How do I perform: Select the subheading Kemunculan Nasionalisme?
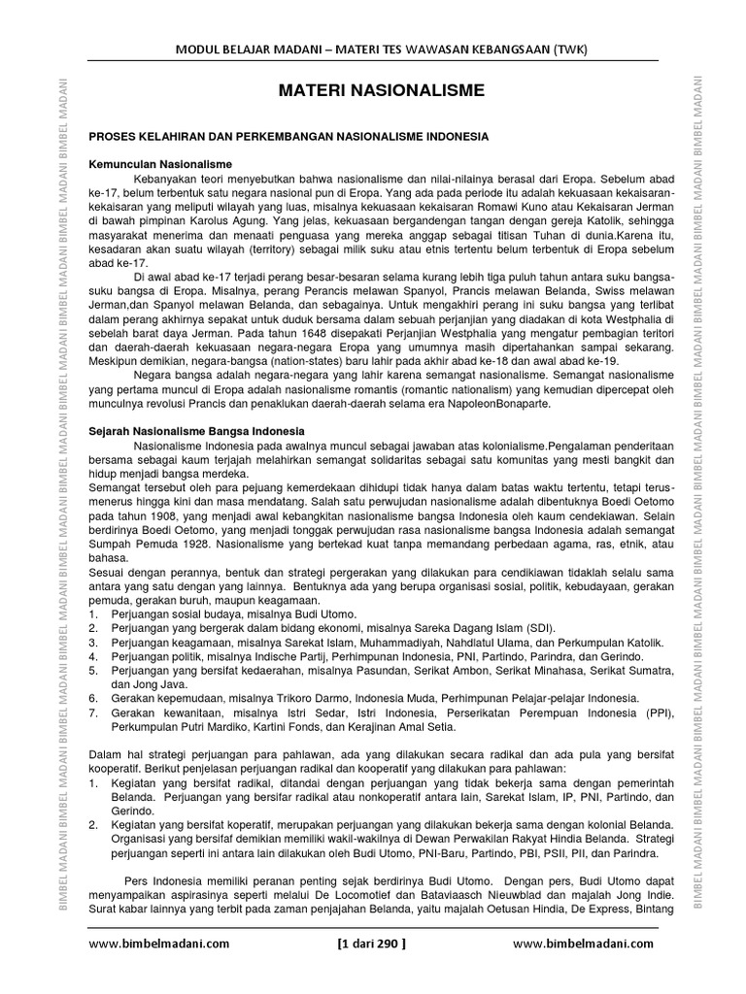(x=160, y=165)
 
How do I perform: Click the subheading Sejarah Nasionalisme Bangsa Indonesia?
(x=197, y=430)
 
